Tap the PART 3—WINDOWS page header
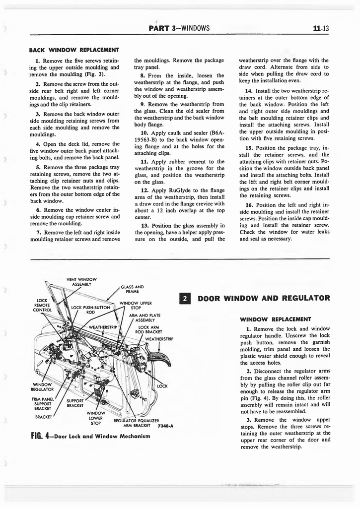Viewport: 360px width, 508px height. tap(179, 28)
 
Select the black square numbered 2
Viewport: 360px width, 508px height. tap(184, 299)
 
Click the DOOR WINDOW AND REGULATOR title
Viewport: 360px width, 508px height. tap(264, 299)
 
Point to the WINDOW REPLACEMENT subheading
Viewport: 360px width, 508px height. tap(275, 319)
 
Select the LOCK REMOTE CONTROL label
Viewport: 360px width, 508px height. tap(42, 305)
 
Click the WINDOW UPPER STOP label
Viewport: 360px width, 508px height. tap(136, 305)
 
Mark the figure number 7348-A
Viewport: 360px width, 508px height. tap(165, 426)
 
